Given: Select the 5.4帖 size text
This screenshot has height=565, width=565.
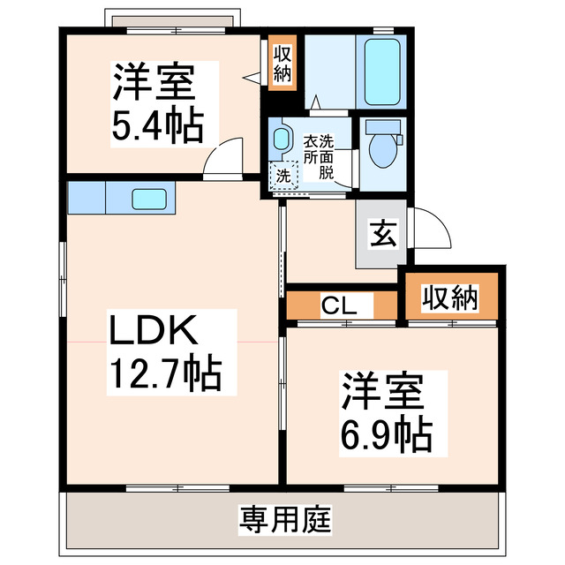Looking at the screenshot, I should click(x=157, y=125).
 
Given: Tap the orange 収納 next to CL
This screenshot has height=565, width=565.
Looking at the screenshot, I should click(x=448, y=299).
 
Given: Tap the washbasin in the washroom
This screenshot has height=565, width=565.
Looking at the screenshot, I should click(x=282, y=139).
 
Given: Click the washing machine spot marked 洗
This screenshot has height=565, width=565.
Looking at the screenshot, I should click(x=283, y=175).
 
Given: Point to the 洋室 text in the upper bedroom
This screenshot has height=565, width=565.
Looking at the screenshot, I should click(x=152, y=85).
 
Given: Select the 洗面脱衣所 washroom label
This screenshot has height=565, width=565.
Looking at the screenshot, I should click(x=319, y=156).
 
